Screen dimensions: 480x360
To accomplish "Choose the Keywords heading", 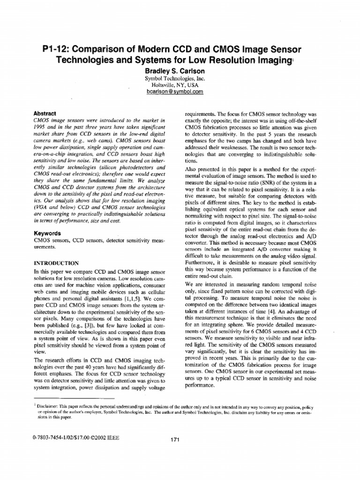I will point(48,233).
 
